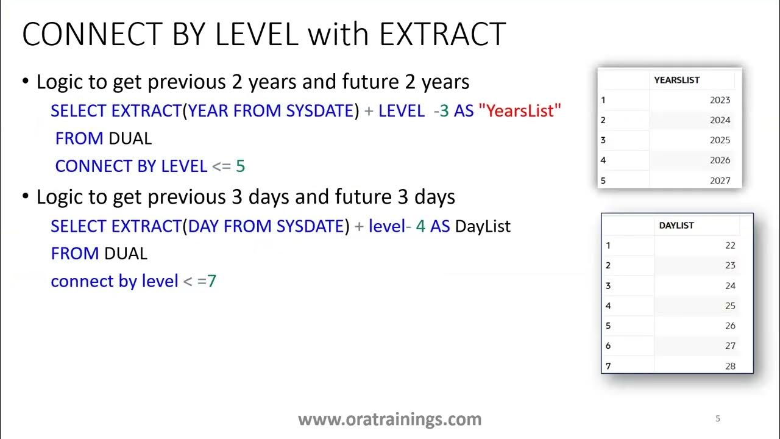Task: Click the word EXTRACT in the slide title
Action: click(442, 34)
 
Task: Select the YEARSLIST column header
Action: click(676, 80)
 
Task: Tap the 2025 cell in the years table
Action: click(720, 140)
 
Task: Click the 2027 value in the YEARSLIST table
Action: click(720, 180)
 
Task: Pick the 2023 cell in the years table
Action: click(720, 100)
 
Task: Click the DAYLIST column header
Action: click(676, 226)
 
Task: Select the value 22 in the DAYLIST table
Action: click(730, 246)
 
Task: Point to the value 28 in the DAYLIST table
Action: click(730, 366)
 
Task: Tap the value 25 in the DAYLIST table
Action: click(730, 306)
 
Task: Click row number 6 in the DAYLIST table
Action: click(608, 346)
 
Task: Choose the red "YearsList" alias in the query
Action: click(519, 111)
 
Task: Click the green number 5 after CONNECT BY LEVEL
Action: click(240, 166)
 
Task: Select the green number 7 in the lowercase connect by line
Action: click(211, 281)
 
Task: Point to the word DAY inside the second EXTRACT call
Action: click(204, 226)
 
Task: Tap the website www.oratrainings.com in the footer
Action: click(389, 419)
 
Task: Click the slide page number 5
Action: click(717, 418)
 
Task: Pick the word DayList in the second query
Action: click(483, 226)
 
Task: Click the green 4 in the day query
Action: click(420, 226)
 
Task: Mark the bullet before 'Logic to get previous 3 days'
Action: click(25, 198)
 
